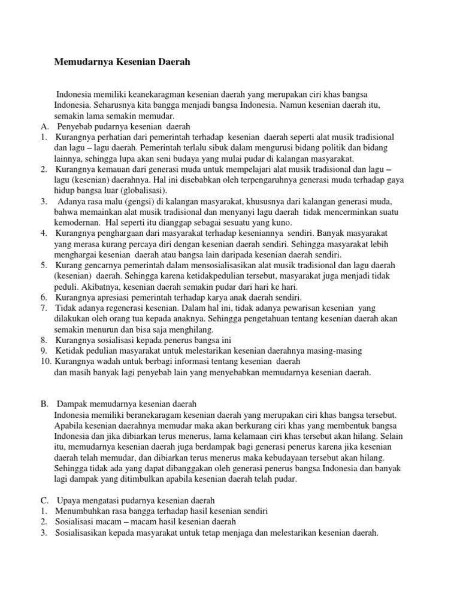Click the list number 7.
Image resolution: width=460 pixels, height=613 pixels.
pos(44,308)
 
